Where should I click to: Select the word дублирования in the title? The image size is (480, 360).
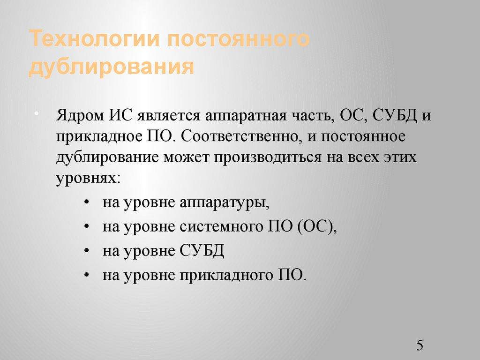pos(112,66)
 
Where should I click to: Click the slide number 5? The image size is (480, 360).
pos(420,347)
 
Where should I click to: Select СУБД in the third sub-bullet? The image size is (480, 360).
pos(202,251)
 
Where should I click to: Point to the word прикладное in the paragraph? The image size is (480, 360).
pos(96,137)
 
